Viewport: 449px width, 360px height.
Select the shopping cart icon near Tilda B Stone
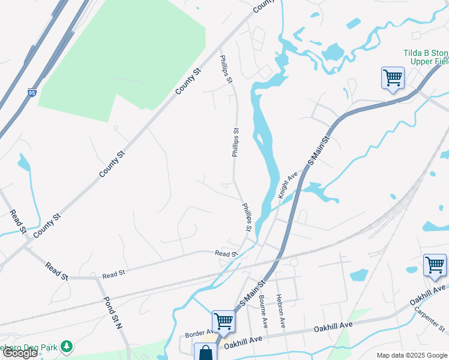pyautogui.click(x=393, y=78)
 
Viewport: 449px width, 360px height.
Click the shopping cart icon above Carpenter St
pyautogui.click(x=435, y=265)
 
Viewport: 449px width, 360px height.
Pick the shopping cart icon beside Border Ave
pyautogui.click(x=223, y=321)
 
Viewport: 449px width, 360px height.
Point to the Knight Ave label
pyautogui.click(x=288, y=186)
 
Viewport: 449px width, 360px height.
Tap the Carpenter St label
pyautogui.click(x=430, y=320)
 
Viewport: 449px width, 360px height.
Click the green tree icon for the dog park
pyautogui.click(x=68, y=346)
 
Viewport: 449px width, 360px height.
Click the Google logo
pyautogui.click(x=20, y=353)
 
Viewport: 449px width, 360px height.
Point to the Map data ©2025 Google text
pyautogui.click(x=411, y=355)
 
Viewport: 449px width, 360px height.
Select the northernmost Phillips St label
pyautogui.click(x=226, y=70)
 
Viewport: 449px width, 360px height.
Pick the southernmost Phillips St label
pyautogui.click(x=247, y=217)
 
